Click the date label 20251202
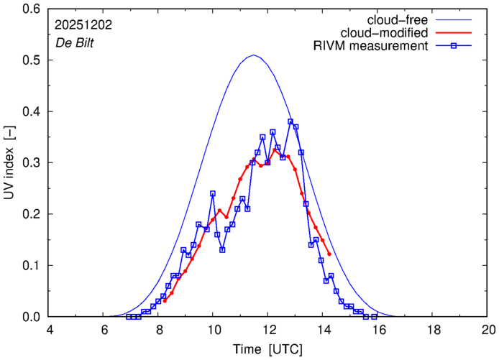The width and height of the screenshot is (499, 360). click(x=82, y=24)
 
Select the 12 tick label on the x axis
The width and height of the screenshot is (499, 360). click(x=267, y=331)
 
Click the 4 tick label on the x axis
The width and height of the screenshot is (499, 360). click(x=49, y=331)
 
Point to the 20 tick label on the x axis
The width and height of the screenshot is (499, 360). click(x=488, y=331)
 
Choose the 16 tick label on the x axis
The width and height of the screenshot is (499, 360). click(x=378, y=331)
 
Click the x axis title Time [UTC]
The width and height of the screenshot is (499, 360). click(x=268, y=349)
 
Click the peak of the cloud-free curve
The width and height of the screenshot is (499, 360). click(x=253, y=55)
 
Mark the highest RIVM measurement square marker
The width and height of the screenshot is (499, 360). click(x=290, y=121)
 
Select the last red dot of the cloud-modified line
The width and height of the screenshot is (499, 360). click(x=329, y=254)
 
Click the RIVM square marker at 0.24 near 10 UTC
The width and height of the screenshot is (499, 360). click(x=213, y=193)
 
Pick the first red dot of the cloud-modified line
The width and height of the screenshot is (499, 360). click(x=165, y=300)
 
